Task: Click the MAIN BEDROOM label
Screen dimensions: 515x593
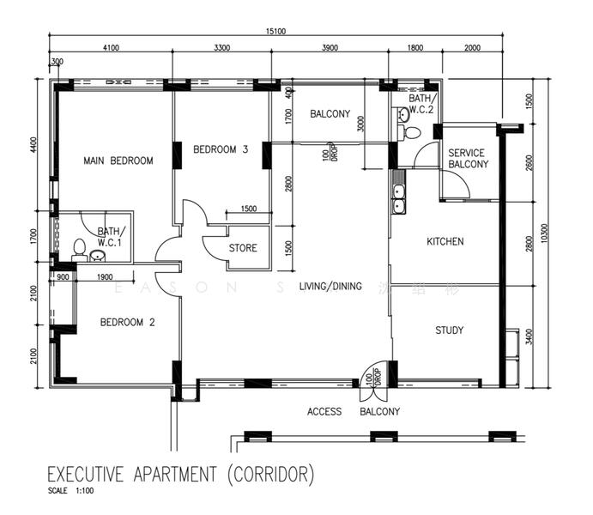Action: (x=118, y=161)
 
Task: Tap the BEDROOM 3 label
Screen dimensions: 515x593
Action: (x=221, y=149)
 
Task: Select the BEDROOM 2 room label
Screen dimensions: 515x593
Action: (x=127, y=323)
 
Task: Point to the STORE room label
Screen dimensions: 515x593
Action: (x=243, y=249)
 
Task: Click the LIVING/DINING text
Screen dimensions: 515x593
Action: (x=330, y=286)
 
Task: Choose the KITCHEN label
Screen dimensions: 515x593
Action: (x=445, y=242)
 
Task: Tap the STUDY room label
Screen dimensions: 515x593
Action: (x=449, y=330)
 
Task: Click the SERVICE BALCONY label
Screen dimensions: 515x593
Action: (x=468, y=159)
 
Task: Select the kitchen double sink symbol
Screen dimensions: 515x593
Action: (x=398, y=198)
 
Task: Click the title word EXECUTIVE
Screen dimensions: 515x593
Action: (x=92, y=475)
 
